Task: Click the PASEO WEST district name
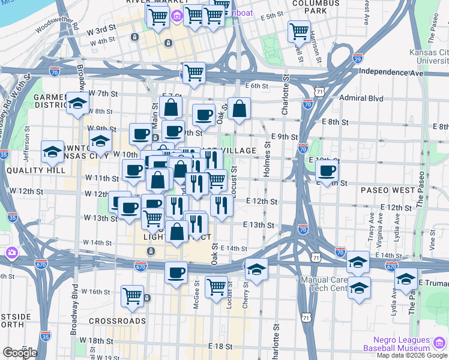(387, 190)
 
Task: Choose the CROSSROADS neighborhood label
(117, 321)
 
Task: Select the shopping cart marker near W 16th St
(132, 295)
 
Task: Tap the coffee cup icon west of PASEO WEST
(326, 170)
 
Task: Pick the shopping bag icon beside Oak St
(239, 109)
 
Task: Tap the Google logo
(20, 353)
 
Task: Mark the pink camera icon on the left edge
(11, 253)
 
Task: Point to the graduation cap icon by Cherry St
(256, 268)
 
